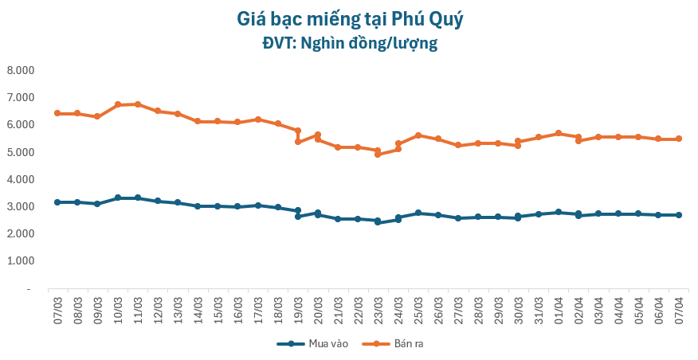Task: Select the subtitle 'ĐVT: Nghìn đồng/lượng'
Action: [x=350, y=42]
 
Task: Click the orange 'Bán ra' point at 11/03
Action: [x=138, y=104]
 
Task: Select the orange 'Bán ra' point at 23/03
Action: [x=378, y=154]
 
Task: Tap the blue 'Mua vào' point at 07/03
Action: [x=57, y=202]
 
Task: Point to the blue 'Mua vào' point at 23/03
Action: [x=378, y=221]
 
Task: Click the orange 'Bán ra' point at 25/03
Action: [x=418, y=135]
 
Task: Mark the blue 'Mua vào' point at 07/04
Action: [x=679, y=215]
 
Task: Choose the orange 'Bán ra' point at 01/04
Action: [x=559, y=133]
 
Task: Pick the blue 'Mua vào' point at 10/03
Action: [x=118, y=198]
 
